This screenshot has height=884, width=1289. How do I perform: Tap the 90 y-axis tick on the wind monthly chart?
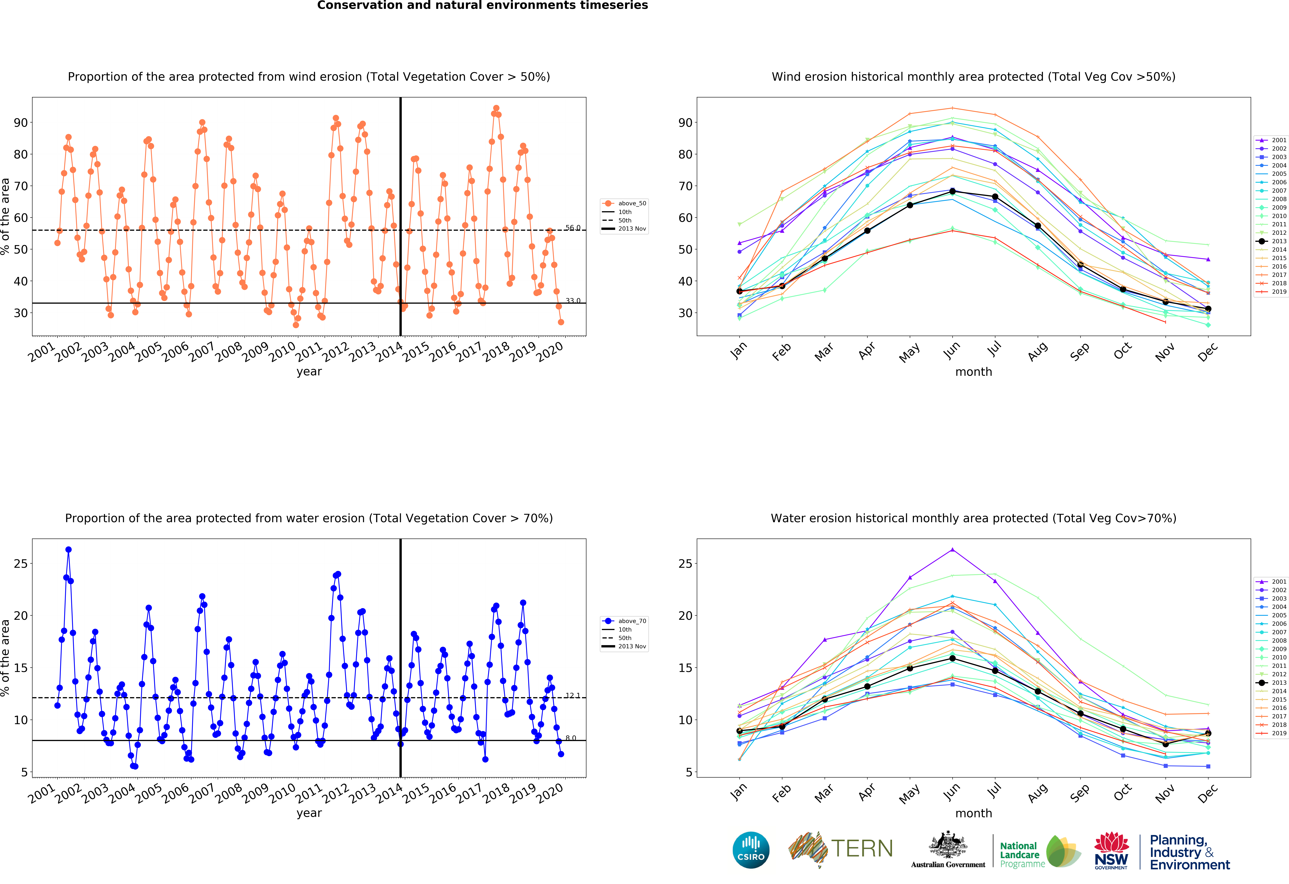[686, 123]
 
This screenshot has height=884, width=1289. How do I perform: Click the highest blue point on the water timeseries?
[68, 549]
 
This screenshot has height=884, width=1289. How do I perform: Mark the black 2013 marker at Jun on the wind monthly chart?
[952, 191]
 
